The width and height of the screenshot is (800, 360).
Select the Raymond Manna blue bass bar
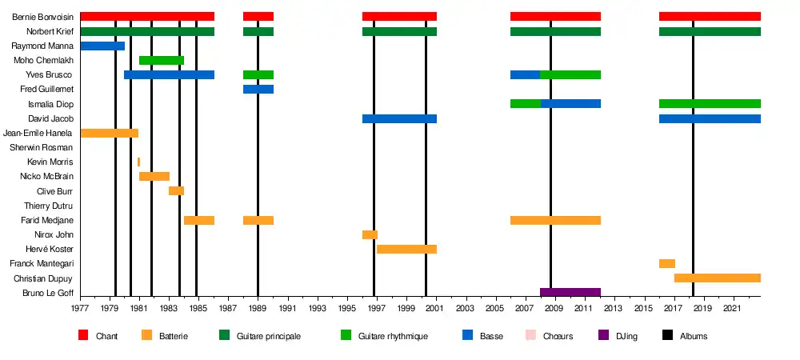click(102, 46)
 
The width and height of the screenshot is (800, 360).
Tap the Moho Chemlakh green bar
click(162, 60)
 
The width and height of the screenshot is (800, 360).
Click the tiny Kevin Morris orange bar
click(138, 162)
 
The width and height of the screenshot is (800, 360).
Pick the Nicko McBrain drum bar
click(154, 176)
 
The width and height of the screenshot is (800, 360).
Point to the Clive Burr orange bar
click(176, 191)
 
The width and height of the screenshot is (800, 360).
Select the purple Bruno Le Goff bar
click(570, 293)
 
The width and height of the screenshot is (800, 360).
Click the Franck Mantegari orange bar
click(667, 263)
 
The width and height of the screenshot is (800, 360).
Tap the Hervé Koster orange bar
click(406, 249)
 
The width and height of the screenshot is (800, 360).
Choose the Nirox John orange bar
click(370, 234)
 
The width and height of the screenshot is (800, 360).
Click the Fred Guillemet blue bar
click(258, 89)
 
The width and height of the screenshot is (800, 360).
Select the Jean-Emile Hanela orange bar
click(110, 133)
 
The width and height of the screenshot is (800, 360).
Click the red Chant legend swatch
click(83, 336)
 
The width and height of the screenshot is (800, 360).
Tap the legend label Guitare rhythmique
click(394, 336)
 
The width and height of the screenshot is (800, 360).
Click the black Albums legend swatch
click(663, 336)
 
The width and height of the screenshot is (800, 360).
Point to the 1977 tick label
click(80, 308)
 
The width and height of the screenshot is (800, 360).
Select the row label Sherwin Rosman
click(41, 147)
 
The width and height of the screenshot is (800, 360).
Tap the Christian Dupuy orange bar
click(718, 278)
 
